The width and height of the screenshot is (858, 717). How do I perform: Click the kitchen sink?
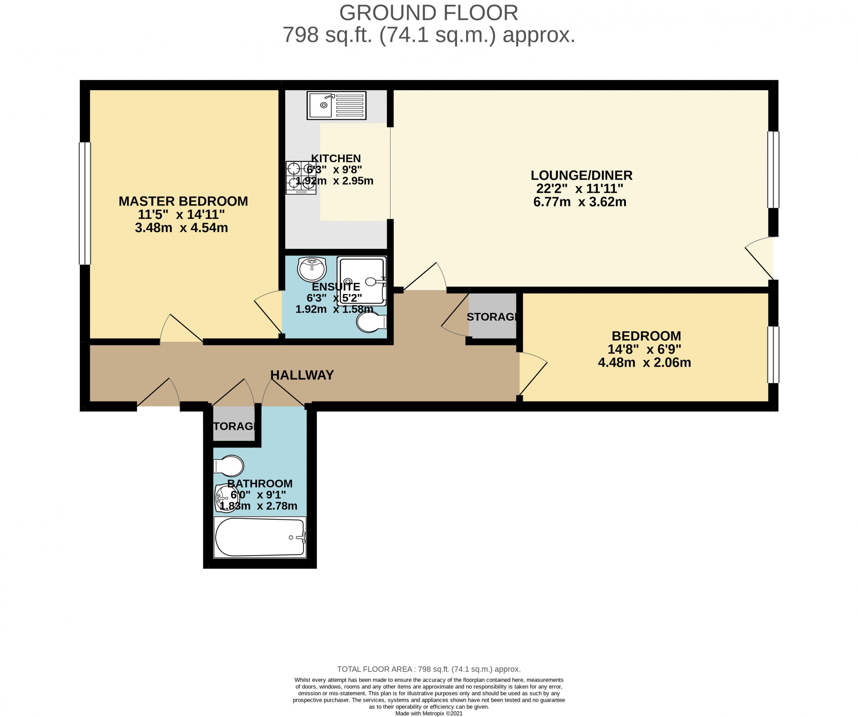(x=336, y=105)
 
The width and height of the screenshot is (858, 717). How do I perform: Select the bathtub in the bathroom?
(x=260, y=537)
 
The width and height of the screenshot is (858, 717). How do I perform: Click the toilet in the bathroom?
(x=229, y=466)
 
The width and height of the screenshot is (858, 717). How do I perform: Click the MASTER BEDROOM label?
(x=183, y=201)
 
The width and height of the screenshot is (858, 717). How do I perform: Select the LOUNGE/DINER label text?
(x=581, y=175)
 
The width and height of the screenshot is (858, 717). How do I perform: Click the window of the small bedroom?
(x=773, y=354)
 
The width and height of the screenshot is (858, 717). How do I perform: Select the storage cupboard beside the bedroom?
(x=492, y=316)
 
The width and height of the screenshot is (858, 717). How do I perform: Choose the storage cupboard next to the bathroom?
(x=234, y=425)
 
